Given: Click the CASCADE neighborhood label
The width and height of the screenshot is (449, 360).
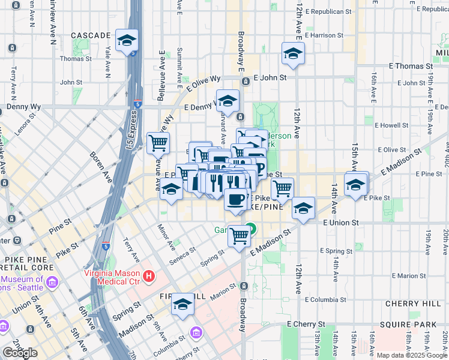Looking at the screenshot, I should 91,36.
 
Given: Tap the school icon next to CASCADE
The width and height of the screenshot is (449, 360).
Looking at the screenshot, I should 127,40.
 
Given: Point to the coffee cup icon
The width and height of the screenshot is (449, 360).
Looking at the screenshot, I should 237,199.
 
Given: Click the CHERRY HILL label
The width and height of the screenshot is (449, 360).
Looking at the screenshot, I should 413,304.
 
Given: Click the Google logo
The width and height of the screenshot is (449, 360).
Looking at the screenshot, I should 20,352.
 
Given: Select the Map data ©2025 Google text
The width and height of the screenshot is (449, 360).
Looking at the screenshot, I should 411,355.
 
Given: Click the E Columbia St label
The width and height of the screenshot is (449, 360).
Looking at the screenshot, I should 328,299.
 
